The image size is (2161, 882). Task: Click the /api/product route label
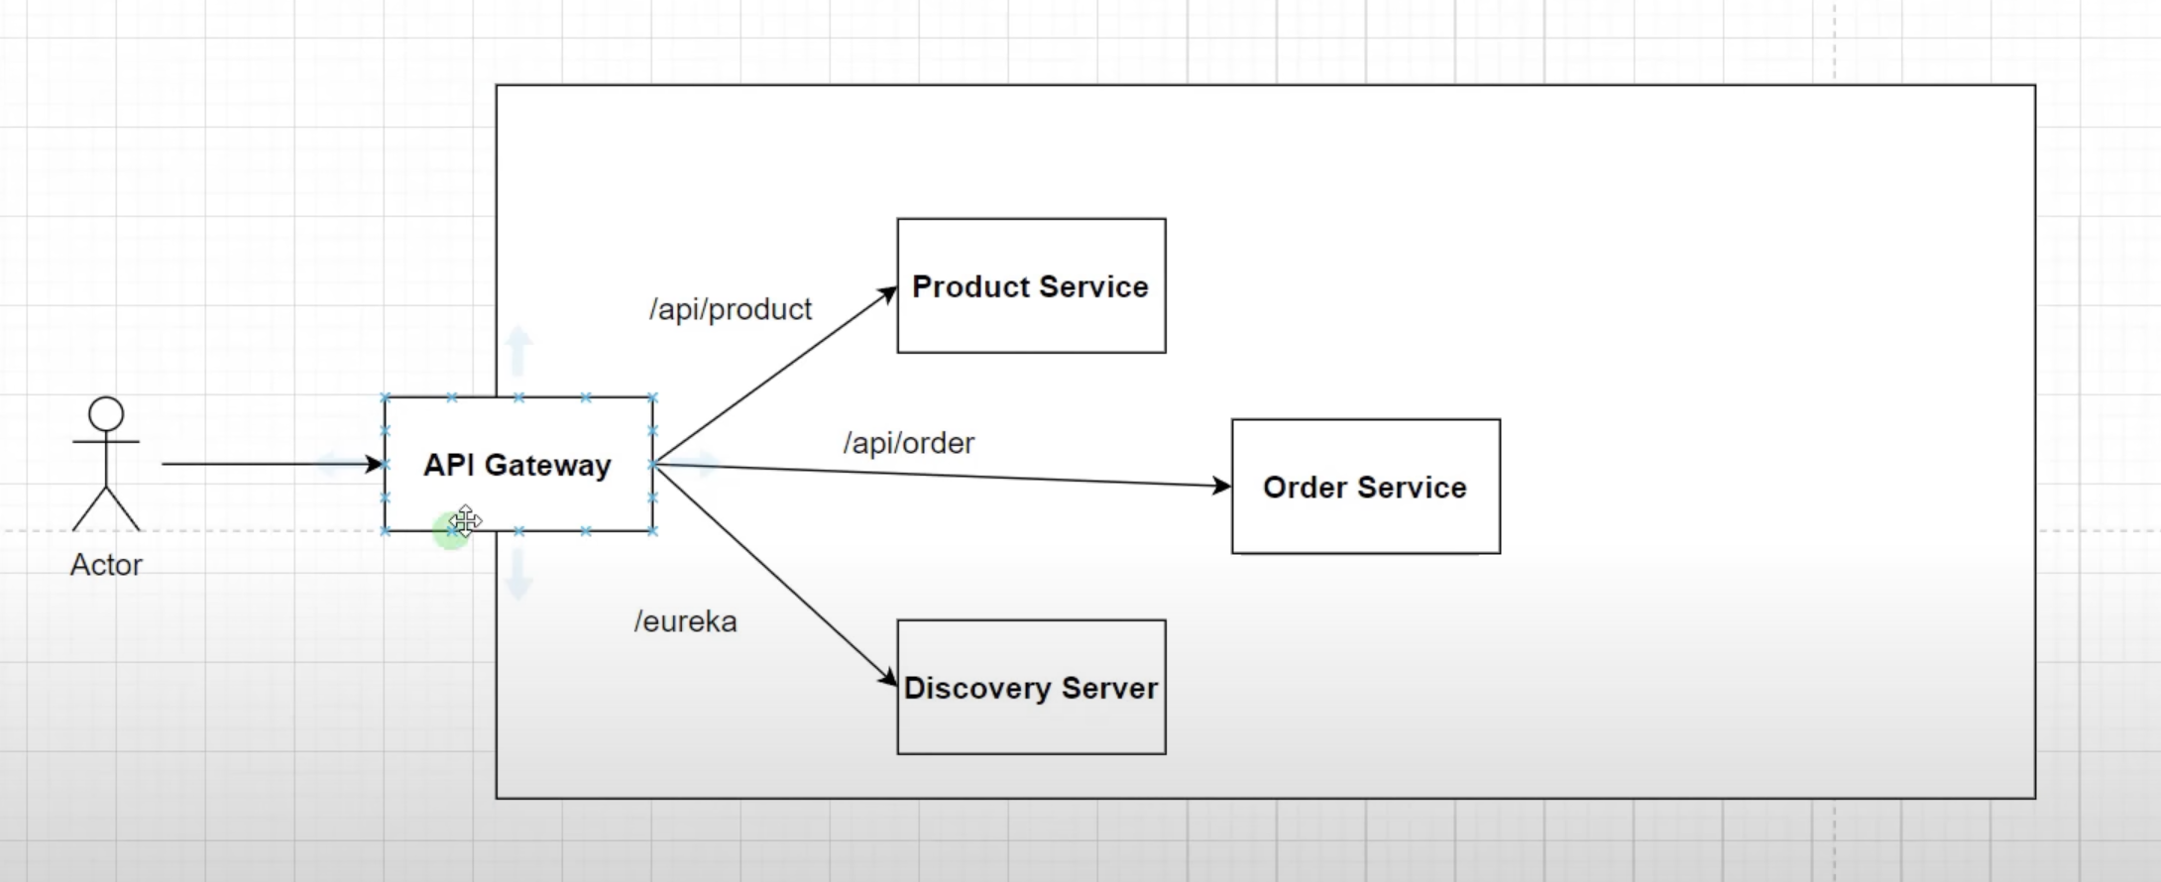(731, 309)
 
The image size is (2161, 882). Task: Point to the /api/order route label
(908, 443)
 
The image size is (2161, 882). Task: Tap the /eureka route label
(685, 621)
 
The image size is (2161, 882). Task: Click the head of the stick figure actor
(106, 413)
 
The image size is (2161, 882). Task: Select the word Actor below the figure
(106, 565)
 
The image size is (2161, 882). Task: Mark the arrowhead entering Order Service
(1222, 486)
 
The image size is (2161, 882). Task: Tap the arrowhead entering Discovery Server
(887, 679)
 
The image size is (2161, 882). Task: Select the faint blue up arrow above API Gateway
(517, 350)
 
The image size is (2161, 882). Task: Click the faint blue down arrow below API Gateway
(517, 575)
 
